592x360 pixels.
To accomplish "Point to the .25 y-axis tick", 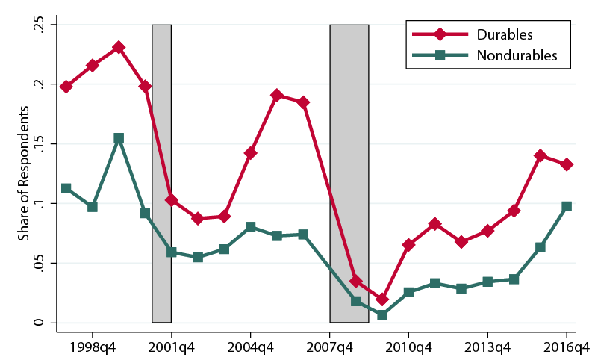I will (39, 25).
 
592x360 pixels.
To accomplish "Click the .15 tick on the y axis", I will (39, 144).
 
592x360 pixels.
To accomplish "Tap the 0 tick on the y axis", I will (39, 323).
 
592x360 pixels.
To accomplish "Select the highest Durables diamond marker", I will (119, 48).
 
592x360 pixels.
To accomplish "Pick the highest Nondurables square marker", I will (119, 138).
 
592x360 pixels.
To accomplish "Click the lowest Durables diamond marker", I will (382, 300).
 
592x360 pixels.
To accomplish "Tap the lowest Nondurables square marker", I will (382, 315).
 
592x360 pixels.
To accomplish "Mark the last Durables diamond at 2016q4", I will (567, 164).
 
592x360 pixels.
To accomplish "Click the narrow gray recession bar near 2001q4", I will (162, 173).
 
